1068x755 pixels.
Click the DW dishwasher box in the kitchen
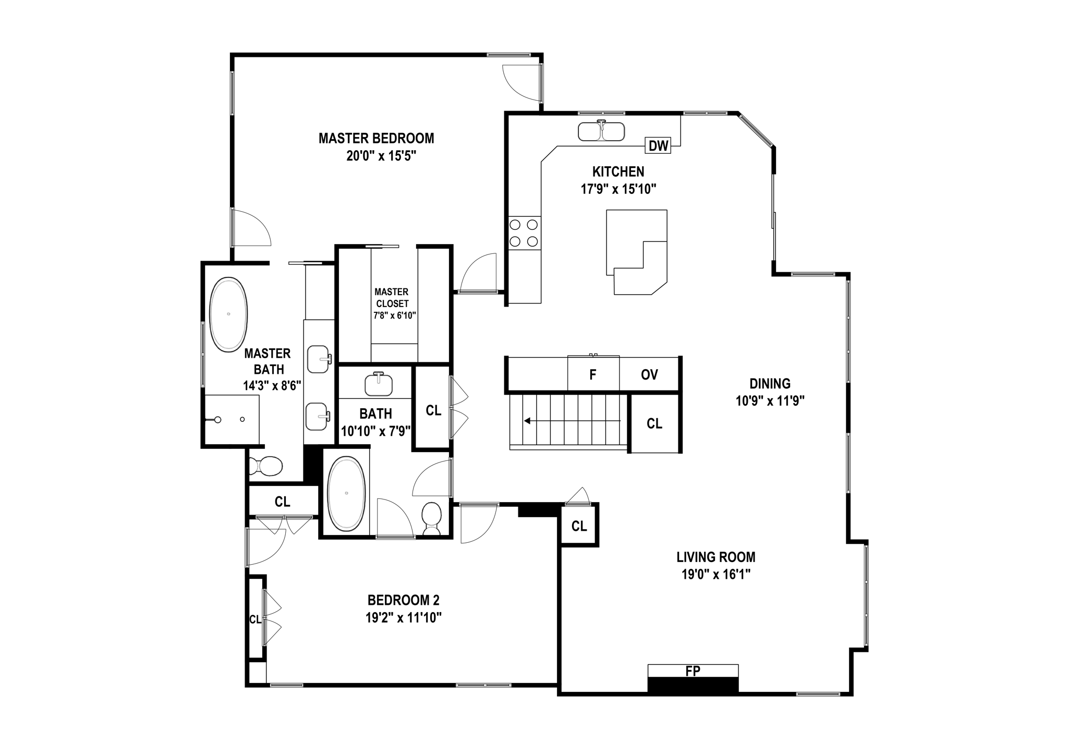coord(658,146)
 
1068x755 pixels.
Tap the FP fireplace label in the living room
coord(693,672)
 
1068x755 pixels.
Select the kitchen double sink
coord(601,131)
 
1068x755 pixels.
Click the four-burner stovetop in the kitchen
coord(524,233)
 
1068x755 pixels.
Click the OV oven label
coord(649,374)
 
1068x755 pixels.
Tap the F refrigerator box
coord(593,374)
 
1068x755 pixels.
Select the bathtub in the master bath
coord(228,314)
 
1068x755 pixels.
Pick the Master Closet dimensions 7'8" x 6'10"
coord(394,315)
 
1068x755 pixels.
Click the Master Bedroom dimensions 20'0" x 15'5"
coord(381,156)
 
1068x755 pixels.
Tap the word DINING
coord(770,384)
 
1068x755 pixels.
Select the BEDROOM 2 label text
coord(403,600)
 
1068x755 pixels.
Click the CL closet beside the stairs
coord(654,423)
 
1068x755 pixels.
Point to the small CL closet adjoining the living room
coord(579,526)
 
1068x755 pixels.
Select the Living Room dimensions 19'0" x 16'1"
coord(715,575)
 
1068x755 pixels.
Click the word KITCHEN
coord(618,172)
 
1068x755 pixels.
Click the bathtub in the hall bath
coord(346,493)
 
